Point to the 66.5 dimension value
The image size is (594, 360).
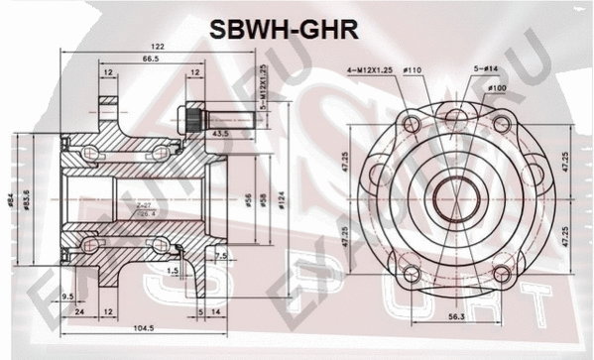pos(152,60)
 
